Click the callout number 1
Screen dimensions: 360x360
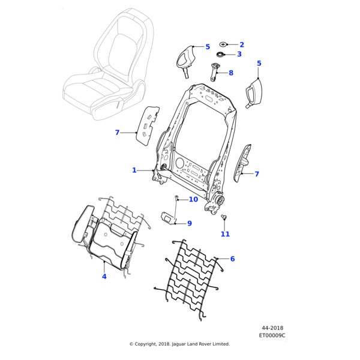[x=134, y=170]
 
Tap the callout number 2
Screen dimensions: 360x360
[x=242, y=44]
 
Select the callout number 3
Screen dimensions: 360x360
[x=239, y=54]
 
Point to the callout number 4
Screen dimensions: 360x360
[x=104, y=277]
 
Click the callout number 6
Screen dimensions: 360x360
[x=232, y=259]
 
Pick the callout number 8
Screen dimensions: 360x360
[x=231, y=73]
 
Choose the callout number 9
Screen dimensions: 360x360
[x=189, y=223]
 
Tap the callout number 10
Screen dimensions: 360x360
[x=193, y=199]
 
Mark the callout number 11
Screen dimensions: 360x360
[x=225, y=234]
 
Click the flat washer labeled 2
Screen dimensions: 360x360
[x=223, y=44]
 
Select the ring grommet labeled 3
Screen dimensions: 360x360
[x=220, y=55]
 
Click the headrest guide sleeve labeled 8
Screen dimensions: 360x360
[x=215, y=71]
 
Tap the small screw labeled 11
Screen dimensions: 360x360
[x=223, y=216]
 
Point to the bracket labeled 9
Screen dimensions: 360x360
[x=167, y=217]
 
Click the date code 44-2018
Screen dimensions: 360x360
[x=273, y=328]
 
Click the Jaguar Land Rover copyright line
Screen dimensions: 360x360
[x=179, y=344]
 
